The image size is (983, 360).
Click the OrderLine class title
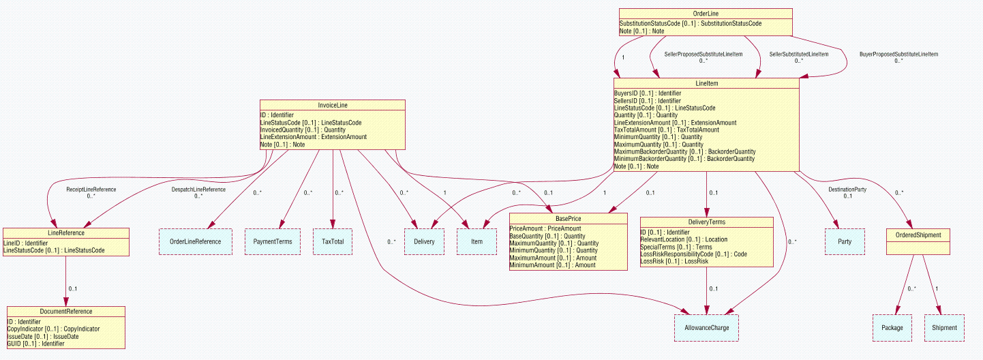706,13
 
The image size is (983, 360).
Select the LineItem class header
706,82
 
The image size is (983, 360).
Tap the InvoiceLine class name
333,105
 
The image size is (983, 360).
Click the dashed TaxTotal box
333,241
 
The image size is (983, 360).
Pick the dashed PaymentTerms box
273,241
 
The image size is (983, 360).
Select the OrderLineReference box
195,241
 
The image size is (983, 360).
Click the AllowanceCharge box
706,328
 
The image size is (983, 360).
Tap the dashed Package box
892,328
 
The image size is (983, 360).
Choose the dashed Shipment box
945,328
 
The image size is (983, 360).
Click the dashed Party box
845,241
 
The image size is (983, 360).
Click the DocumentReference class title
66,312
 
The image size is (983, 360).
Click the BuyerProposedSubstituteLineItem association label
898,54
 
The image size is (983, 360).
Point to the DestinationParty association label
847,190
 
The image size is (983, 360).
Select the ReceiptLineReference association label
91,190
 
